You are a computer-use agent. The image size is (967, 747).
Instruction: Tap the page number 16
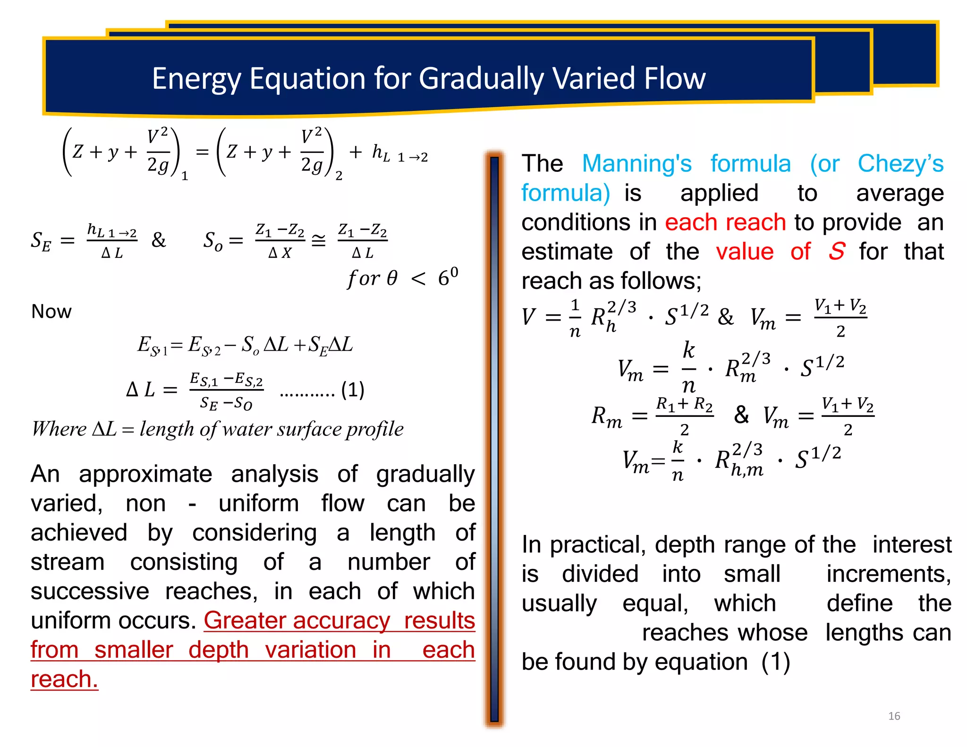tap(894, 716)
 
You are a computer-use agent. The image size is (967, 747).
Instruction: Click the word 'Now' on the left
tap(51, 312)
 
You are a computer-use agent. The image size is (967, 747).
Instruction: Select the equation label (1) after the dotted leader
tap(352, 390)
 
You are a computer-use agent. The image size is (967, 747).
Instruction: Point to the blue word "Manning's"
tap(636, 164)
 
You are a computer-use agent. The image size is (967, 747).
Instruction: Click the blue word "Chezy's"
tap(900, 164)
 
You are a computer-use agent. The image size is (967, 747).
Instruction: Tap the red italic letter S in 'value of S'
tap(837, 251)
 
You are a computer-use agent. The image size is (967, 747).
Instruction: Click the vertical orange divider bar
tap(494, 439)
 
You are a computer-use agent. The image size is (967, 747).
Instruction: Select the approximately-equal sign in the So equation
tap(319, 241)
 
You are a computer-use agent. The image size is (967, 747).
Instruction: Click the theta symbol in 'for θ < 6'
tap(392, 279)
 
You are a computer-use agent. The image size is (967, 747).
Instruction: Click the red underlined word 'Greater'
tap(249, 620)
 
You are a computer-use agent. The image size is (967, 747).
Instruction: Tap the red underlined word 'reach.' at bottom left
tap(64, 679)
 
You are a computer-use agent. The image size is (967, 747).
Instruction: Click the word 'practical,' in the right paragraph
tap(598, 545)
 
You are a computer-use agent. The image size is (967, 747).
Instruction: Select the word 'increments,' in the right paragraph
tap(889, 574)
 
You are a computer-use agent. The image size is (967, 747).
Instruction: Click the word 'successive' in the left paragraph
tap(90, 591)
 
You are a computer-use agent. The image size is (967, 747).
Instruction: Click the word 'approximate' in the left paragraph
tap(145, 474)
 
